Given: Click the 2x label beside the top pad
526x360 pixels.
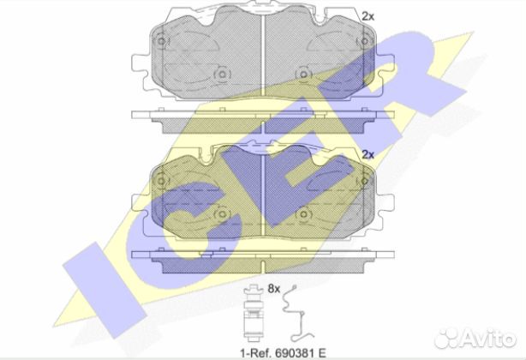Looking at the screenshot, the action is pyautogui.click(x=368, y=16).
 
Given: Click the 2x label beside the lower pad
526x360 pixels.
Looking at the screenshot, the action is pyautogui.click(x=368, y=154).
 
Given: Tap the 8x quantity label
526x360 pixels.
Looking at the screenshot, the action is pyautogui.click(x=274, y=289).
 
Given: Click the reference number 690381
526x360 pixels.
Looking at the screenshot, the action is pyautogui.click(x=296, y=353).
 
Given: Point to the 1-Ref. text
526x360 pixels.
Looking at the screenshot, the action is pyautogui.click(x=256, y=353).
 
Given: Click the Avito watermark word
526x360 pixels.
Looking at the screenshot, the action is pyautogui.click(x=488, y=338).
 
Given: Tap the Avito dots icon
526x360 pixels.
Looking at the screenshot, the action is pyautogui.click(x=446, y=339).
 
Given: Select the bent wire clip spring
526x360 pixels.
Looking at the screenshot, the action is pyautogui.click(x=297, y=313).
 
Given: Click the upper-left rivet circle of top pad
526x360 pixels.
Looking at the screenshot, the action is pyautogui.click(x=161, y=41).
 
